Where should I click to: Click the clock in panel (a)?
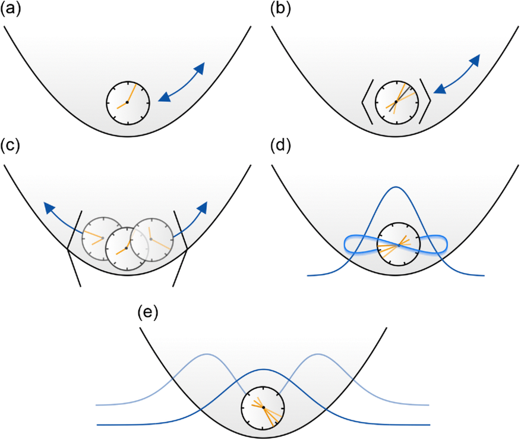(x=128, y=102)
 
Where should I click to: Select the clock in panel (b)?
(x=396, y=102)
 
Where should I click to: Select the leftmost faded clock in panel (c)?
(x=103, y=238)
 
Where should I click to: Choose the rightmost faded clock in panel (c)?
(x=151, y=239)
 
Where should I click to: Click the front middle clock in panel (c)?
(x=127, y=248)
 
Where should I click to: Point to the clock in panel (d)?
(x=399, y=244)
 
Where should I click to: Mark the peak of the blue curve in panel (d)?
(x=396, y=187)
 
